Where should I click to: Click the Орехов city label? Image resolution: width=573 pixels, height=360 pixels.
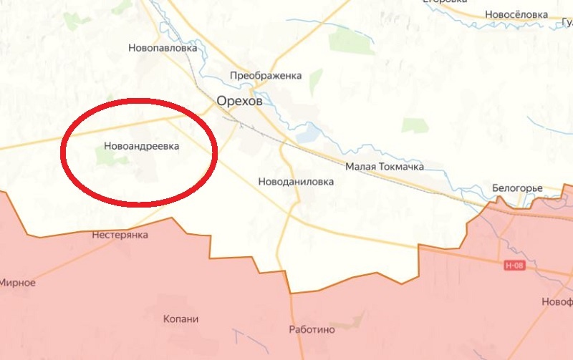coord(240,102)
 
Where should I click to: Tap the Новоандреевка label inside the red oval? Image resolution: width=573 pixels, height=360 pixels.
coord(140,146)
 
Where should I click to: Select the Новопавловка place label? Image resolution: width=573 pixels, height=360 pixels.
coord(162,49)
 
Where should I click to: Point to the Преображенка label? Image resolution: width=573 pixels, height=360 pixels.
coord(266,75)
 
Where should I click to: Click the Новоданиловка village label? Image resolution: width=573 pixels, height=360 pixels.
coord(296,182)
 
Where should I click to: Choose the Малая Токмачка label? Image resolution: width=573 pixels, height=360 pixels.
coord(384,167)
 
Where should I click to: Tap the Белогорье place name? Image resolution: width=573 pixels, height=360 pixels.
coord(517,188)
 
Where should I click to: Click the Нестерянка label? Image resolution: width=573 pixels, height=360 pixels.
coord(120,235)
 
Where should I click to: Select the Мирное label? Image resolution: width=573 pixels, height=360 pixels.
coord(17,283)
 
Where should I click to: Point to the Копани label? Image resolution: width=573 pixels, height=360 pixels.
coord(180,319)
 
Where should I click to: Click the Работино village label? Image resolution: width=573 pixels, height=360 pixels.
coord(312,330)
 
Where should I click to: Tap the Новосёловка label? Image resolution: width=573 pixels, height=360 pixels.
coord(516,14)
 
